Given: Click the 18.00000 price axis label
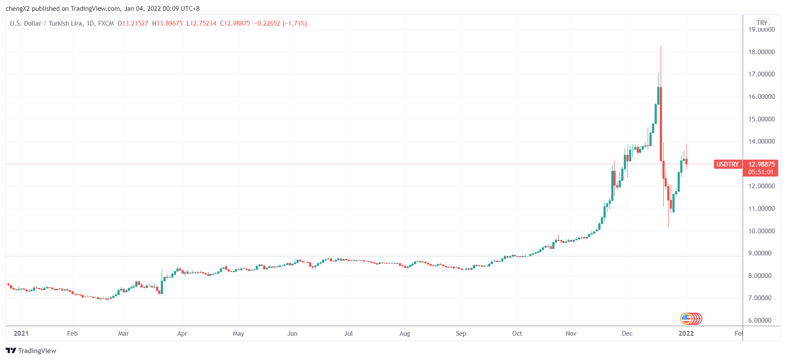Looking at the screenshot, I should pos(761,52).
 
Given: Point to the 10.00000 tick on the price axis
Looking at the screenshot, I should pos(761,231).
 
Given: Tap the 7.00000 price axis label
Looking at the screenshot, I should pos(761,298).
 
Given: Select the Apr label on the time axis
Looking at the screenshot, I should pos(182,334).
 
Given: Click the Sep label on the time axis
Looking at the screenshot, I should pos(461,334).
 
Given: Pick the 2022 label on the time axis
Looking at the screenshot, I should pos(686,334).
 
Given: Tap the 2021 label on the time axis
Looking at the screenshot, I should pos(21,334).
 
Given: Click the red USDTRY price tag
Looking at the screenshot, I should pos(727,164).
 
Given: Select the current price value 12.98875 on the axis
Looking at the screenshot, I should pos(761,164).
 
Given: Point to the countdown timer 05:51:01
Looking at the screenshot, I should pos(760,172).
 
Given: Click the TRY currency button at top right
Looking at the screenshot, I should pos(762,23).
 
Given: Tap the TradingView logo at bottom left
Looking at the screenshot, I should pos(31,350).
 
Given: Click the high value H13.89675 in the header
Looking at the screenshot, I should pos(167,23).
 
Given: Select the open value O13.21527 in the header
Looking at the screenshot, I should pos(133,23).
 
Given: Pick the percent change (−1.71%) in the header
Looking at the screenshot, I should pos(295,23).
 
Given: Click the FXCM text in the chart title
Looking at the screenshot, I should pos(106,23).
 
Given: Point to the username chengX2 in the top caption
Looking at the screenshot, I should pos(17,9).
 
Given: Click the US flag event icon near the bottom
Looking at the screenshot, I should pos(685,319).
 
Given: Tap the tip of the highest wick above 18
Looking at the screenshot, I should pos(661,46).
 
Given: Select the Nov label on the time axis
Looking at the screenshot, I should pos(571,334).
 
